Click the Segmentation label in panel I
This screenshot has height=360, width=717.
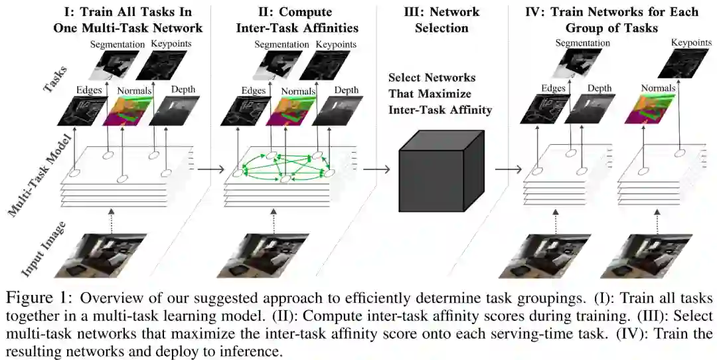click(117, 45)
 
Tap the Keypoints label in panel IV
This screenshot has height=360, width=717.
click(691, 43)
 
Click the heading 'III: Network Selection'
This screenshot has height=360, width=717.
click(441, 20)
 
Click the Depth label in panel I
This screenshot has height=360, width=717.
click(184, 90)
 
